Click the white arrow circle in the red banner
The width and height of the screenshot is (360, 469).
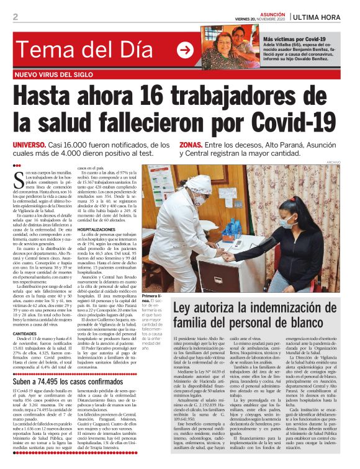pos(185,50)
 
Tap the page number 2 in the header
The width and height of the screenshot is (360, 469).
pos(15,17)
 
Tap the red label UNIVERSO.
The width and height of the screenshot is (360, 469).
pos(38,145)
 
